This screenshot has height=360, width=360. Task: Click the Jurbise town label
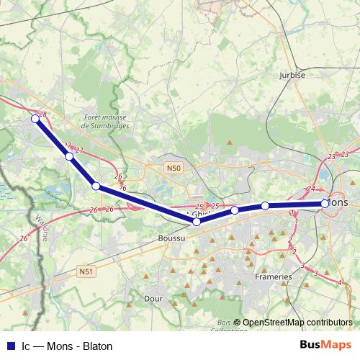pos(292,74)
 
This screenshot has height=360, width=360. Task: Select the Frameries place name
pos(274,276)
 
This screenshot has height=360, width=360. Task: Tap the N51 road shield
pos(86,271)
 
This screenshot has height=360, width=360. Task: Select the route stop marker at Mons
pos(325,204)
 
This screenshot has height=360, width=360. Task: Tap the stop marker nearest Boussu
pos(197,222)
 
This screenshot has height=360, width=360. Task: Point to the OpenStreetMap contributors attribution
pos(297,323)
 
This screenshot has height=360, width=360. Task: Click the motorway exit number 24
pos(311,189)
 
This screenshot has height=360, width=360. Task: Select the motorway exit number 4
pos(340,282)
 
